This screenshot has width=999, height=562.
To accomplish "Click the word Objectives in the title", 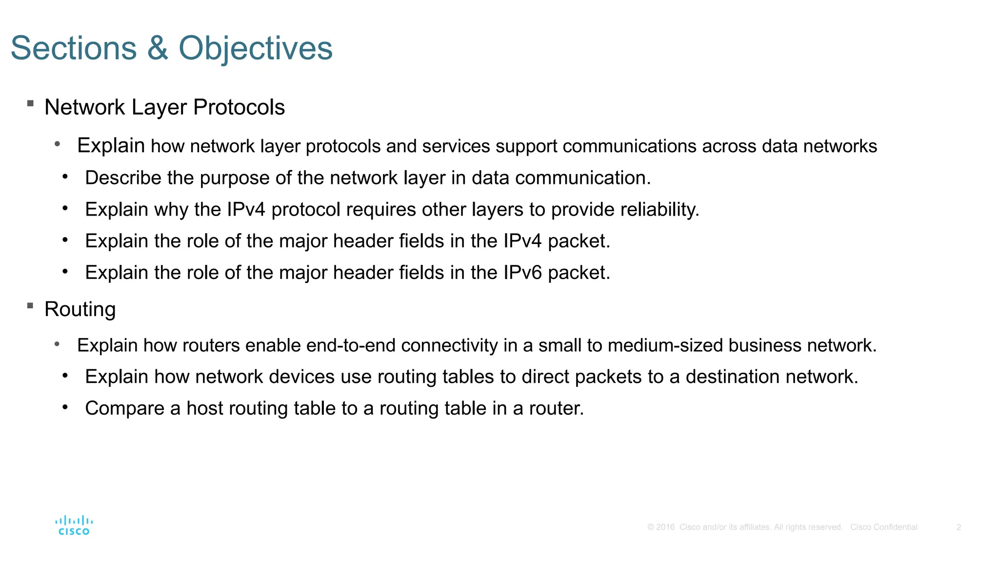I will (x=256, y=48).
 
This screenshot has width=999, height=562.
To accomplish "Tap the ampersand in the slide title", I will (x=158, y=48).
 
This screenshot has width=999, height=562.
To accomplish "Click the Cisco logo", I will (x=74, y=525).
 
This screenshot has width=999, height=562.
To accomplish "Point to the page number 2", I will (x=959, y=527).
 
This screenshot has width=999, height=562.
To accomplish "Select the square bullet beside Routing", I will (x=30, y=306).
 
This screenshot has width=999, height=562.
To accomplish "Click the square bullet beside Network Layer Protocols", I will (x=30, y=103).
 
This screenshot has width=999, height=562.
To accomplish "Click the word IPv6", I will (x=522, y=272).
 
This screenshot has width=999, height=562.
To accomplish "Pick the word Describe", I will (x=123, y=178).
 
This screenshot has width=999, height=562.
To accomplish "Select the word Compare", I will (x=124, y=408).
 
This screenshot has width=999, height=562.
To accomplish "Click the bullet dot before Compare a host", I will (x=65, y=406).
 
